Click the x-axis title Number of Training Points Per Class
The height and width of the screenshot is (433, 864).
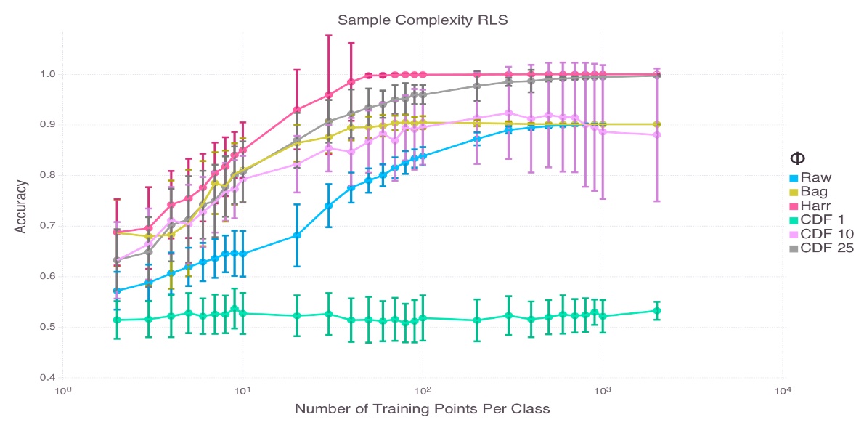422,409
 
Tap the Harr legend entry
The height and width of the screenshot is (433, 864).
810,205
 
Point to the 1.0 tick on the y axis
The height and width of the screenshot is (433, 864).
48,74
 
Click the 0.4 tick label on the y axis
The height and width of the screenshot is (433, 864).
48,378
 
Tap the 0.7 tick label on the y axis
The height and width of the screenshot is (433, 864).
48,226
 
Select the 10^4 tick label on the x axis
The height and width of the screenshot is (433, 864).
782,391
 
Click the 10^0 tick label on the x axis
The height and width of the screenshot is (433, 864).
63,391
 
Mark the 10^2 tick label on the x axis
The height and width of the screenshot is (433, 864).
423,391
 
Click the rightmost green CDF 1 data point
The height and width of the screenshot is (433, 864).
656,311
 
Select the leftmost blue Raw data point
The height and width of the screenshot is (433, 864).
117,291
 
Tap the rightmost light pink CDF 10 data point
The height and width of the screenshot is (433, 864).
656,134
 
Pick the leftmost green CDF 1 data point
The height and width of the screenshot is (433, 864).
117,320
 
